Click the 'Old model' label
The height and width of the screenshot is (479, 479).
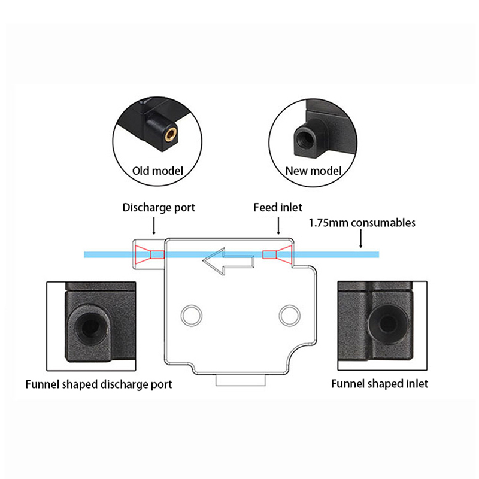point(157,171)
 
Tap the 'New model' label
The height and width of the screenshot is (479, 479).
point(313,171)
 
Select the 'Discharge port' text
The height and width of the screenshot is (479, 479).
point(159,208)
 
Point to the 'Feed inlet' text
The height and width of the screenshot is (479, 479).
point(278,208)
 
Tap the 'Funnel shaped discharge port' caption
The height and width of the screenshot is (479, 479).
point(99,384)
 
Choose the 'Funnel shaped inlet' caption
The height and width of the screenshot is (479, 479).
point(380,384)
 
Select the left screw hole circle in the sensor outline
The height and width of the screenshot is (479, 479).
point(192,313)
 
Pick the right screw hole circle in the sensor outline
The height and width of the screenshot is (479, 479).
point(289,313)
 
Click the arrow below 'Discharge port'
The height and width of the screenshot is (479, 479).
point(154,226)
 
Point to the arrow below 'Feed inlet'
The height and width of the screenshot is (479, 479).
point(278,226)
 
